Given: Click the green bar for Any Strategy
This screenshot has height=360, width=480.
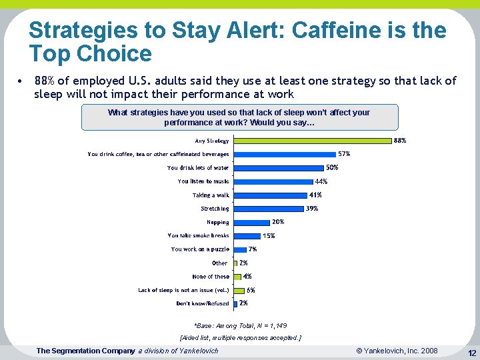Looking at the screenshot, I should pos(312,141).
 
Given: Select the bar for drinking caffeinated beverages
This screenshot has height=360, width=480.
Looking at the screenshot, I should pos(285,154).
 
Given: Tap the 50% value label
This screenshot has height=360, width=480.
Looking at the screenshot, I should pos(332,167).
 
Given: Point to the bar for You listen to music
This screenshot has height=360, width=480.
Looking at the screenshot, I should pos(273,181).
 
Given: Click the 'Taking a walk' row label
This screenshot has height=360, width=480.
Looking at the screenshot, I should pos(211,195).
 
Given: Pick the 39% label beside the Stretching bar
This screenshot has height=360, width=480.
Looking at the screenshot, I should pos(312,209).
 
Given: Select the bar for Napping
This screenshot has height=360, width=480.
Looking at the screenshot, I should pos(251,222).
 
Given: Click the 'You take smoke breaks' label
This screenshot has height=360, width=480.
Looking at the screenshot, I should pos(198,235).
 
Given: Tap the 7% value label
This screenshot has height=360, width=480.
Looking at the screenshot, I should pos(253,249).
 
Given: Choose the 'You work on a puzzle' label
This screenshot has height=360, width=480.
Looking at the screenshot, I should pos(200,249).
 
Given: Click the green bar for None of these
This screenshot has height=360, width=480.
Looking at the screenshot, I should pos(237,277).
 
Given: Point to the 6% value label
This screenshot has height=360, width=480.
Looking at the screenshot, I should pos(251,290).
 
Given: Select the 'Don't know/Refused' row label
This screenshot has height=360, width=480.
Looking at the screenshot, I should pos(203,303).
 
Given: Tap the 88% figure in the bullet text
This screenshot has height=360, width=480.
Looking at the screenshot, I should pos(44,81).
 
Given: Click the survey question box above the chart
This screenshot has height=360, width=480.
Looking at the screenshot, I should pos(239,117).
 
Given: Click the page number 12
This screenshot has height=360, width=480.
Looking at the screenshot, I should pos(471,352).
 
